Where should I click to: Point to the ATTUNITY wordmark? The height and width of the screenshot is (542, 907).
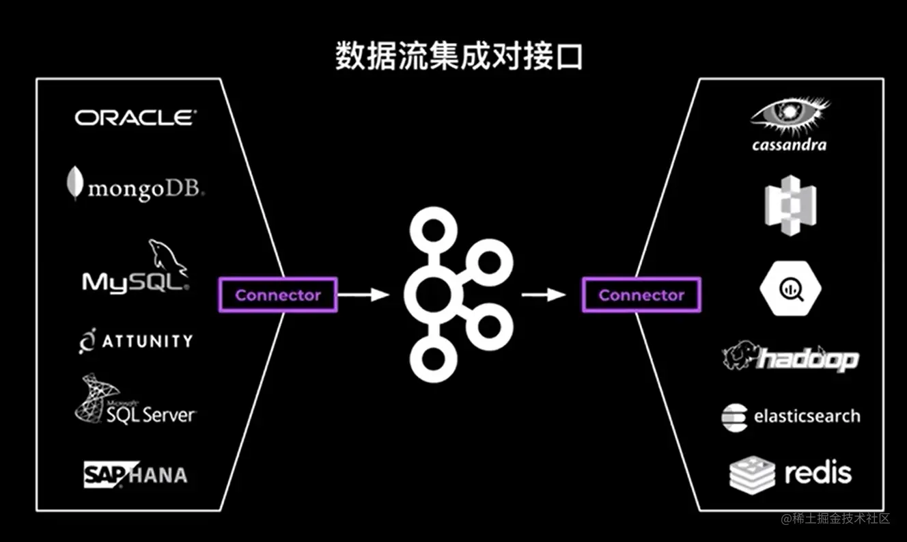[146, 340]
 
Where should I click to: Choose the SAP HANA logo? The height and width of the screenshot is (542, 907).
[135, 474]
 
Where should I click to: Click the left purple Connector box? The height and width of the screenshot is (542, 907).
[277, 295]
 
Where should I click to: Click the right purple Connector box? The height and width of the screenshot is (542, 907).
[641, 295]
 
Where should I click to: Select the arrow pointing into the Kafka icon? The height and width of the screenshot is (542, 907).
[363, 295]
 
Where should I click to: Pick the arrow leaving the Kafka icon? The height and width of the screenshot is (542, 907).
[543, 295]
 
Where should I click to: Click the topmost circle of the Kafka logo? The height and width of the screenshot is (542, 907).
[430, 232]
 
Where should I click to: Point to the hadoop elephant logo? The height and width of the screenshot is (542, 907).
[740, 357]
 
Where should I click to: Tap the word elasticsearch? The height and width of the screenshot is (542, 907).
[807, 416]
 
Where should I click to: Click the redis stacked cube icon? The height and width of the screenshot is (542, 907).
[752, 474]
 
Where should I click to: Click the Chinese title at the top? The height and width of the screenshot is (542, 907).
[459, 57]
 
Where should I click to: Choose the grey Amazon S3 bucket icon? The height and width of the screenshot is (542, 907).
[790, 205]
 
